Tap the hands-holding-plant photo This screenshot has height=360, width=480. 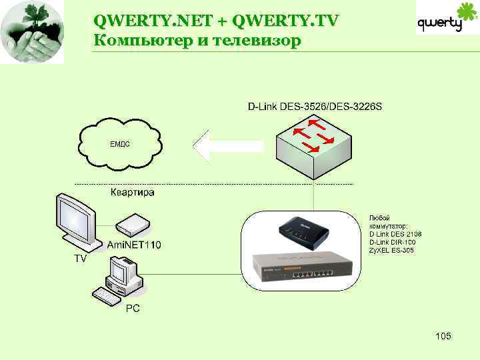33,31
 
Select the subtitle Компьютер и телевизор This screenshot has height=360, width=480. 197,41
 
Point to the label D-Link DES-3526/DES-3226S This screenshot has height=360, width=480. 315,106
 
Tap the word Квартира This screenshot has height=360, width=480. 132,193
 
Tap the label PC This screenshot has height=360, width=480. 133,309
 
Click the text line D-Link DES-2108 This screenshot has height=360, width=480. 395,234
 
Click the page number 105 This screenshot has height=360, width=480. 443,335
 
